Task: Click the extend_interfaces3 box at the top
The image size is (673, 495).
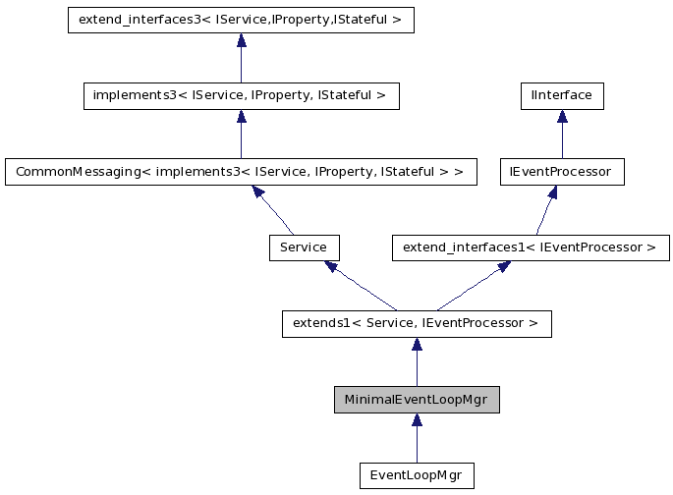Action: point(241,20)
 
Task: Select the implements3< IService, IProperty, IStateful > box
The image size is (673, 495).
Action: point(241,95)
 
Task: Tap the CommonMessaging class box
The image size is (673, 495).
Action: point(241,171)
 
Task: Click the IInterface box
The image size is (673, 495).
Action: point(562,95)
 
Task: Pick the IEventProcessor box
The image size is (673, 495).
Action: point(562,171)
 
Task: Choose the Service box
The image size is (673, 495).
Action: point(304,247)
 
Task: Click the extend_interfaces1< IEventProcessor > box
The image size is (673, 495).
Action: point(531,247)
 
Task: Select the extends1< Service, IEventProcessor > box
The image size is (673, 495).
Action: point(417,323)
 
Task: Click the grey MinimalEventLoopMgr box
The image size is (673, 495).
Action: point(417,400)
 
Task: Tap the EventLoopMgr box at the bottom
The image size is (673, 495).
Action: point(417,475)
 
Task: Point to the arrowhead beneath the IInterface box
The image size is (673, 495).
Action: point(562,117)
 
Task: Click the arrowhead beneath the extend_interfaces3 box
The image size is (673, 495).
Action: point(241,41)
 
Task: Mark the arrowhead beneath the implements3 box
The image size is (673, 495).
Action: point(241,117)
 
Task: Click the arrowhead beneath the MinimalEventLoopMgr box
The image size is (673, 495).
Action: point(417,421)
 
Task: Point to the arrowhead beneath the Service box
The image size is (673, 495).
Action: point(333,267)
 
